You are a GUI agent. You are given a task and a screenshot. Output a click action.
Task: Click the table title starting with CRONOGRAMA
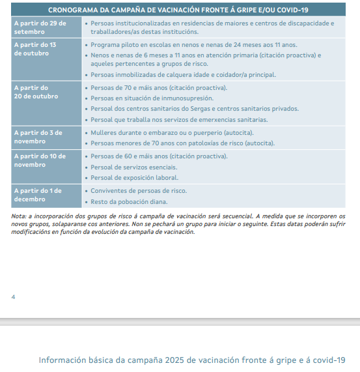179,9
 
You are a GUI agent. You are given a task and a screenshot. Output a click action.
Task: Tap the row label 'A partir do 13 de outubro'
35,49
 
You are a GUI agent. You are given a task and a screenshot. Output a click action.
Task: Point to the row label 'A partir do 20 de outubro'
36,92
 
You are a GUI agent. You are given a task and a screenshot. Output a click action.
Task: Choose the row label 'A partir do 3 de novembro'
39,136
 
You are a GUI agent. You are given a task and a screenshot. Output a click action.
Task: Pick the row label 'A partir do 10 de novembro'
40,160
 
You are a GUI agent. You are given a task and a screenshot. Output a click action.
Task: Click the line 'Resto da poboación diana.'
130,202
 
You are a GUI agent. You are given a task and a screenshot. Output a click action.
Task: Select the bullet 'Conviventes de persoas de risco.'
138,190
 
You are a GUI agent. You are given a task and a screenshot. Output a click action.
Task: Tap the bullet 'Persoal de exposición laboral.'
134,178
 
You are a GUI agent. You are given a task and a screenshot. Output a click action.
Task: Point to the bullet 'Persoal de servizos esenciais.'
134,167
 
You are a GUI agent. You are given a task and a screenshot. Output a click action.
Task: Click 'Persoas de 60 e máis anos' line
159,156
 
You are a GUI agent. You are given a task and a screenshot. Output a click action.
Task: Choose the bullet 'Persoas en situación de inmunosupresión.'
152,98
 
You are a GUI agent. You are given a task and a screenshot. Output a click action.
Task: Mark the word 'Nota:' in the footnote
20,216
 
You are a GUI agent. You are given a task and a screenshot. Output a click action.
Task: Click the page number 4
14,296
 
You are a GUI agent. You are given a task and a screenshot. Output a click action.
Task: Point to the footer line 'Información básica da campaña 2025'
191,360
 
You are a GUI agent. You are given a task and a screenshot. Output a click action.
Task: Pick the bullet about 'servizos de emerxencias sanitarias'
179,120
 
